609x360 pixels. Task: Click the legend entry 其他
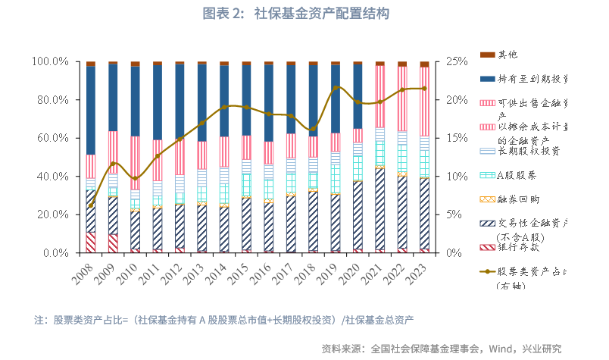(507, 55)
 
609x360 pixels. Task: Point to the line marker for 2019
(336, 89)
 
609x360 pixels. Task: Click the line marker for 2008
(91, 205)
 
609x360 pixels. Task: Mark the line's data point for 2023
(424, 89)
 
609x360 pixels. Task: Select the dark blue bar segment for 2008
(91, 110)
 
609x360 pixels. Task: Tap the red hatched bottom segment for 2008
(91, 243)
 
